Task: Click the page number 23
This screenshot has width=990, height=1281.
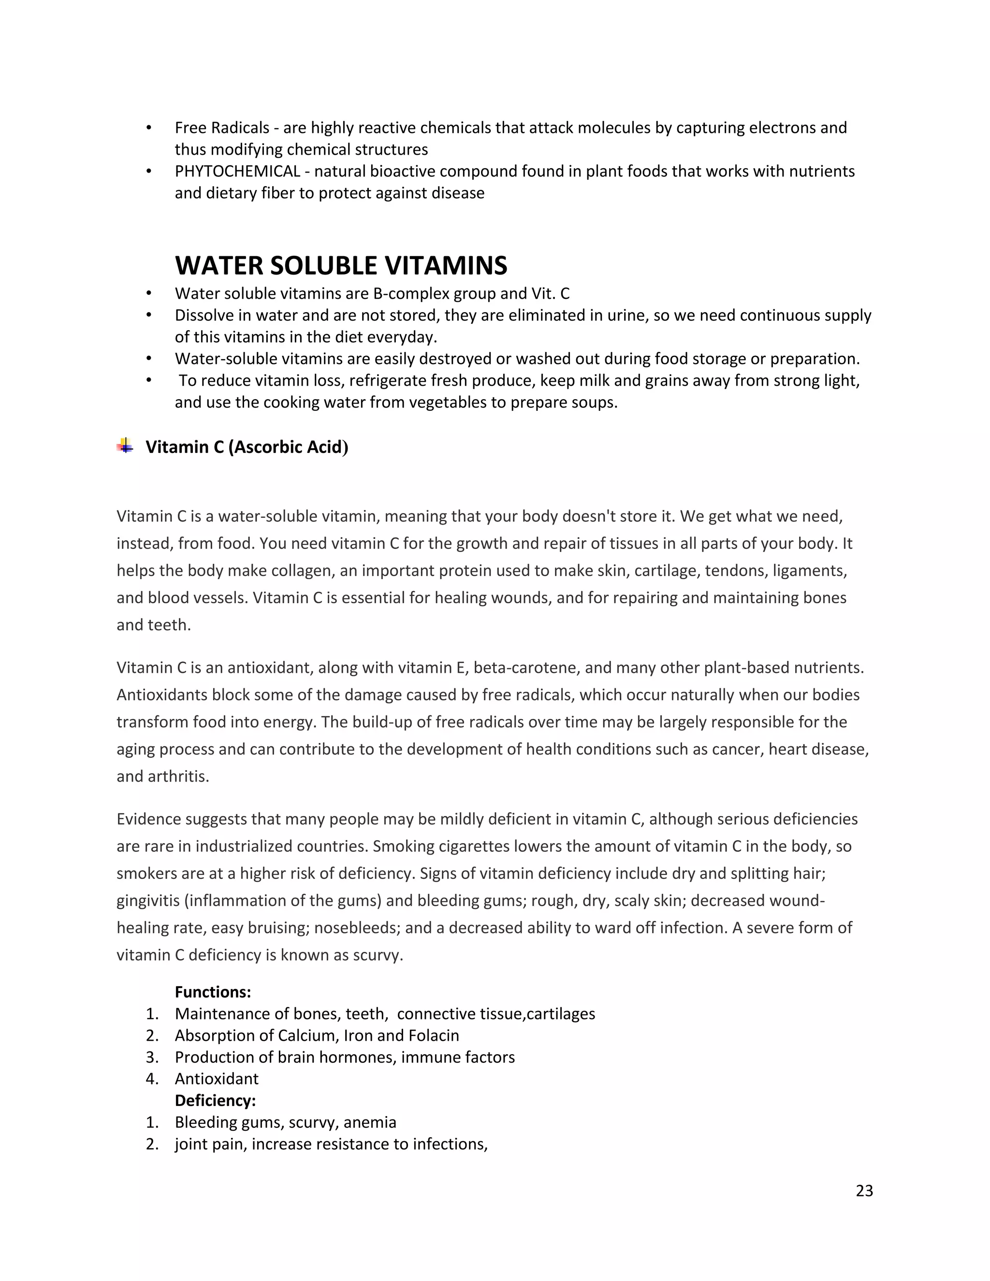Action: tap(864, 1190)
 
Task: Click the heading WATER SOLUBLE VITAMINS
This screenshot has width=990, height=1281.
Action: tap(341, 266)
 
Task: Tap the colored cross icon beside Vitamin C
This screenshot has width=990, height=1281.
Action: tap(125, 446)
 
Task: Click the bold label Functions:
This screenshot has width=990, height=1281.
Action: tap(213, 992)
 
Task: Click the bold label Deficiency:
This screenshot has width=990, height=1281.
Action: tap(215, 1100)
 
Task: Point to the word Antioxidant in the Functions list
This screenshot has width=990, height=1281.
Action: tap(217, 1078)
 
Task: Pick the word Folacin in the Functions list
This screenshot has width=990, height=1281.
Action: tap(434, 1035)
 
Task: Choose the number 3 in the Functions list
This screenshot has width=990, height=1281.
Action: tap(152, 1057)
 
